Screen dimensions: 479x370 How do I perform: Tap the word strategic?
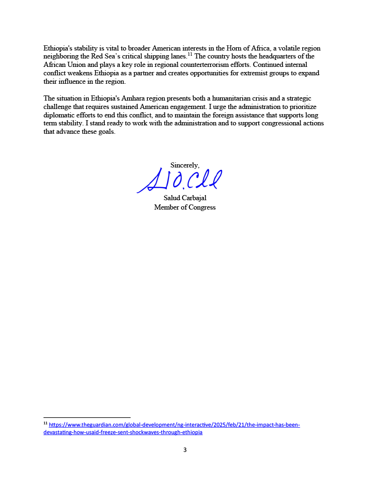tap(305, 98)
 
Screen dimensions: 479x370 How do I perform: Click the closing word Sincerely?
tap(185, 165)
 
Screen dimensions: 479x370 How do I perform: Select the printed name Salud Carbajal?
tap(185, 198)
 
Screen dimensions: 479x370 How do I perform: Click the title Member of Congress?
tap(185, 207)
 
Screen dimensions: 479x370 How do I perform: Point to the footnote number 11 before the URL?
tap(45, 424)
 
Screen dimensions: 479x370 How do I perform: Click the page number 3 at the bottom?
tap(185, 450)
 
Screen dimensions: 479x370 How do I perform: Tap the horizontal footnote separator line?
tap(87, 417)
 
